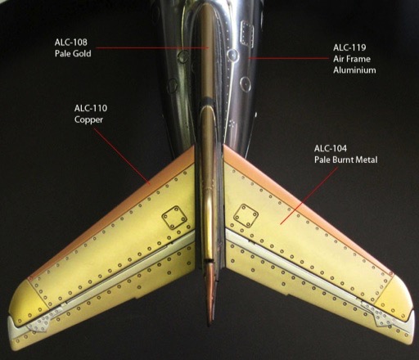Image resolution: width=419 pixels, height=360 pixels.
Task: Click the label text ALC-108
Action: pos(70,43)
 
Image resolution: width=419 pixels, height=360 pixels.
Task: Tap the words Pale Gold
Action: pos(73,53)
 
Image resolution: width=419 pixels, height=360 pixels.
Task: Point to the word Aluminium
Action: pos(354,70)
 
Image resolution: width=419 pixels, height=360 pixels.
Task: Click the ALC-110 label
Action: pos(91,108)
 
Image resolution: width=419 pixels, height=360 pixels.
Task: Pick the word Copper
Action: pos(88,119)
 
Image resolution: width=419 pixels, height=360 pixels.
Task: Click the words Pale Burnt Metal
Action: pos(346,160)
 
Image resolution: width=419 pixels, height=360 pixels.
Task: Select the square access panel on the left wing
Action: pos(174,218)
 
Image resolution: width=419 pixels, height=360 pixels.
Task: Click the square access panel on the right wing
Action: pos(246,216)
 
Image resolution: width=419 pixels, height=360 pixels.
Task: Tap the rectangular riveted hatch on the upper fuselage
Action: pos(247,33)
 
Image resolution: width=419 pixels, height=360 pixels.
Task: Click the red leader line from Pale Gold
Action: pos(153,47)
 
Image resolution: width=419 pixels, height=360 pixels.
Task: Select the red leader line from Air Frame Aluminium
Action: pos(288,58)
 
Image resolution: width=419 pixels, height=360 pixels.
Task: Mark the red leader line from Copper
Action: pos(122,156)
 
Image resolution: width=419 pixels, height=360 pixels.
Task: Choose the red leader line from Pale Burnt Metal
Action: pos(309,196)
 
